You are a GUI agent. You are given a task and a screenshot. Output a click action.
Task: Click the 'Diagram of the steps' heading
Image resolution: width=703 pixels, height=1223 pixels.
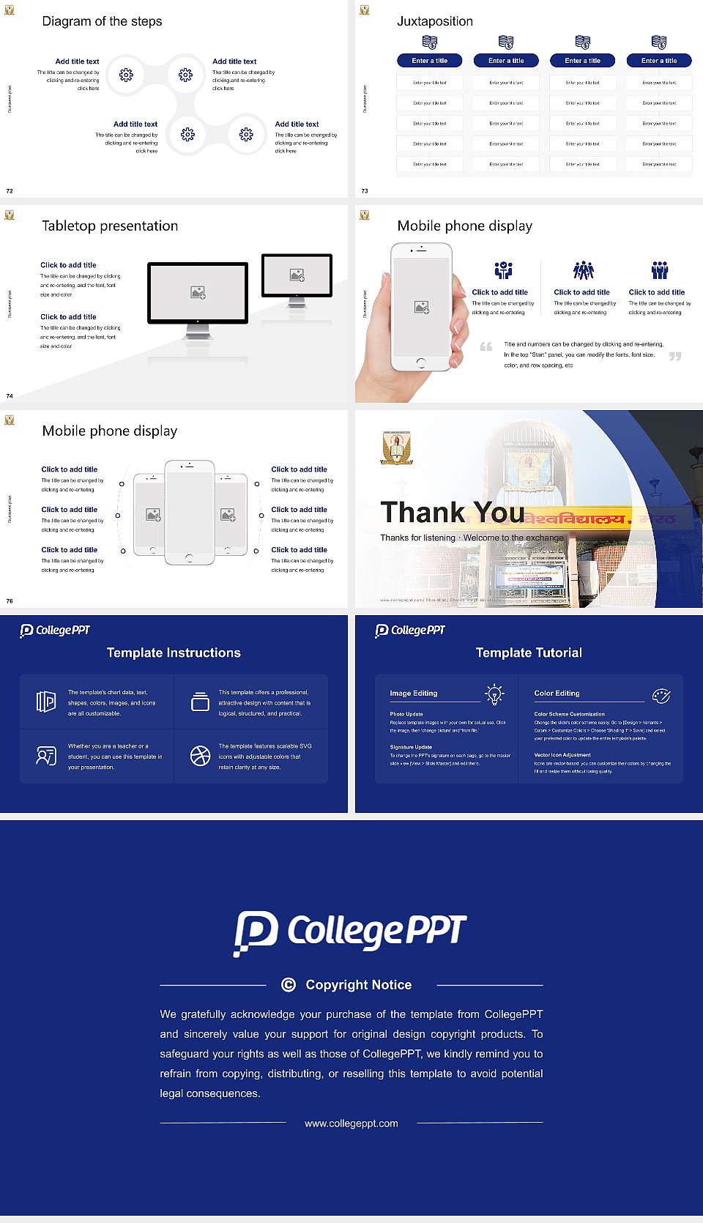point(102,21)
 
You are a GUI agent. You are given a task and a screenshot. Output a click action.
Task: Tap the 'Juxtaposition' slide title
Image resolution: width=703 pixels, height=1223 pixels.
point(434,21)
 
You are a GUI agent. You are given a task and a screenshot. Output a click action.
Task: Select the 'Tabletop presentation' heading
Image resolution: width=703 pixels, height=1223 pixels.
point(110,226)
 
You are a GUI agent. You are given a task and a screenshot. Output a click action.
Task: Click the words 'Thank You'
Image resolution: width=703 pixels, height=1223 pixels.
point(452,512)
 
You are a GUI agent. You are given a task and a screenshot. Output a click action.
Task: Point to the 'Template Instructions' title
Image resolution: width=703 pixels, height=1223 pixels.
point(174,653)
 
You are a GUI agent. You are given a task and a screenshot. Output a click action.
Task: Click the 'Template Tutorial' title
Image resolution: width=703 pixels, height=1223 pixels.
point(529,653)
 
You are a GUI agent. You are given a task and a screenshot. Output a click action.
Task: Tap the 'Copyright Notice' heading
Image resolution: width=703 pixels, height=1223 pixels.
point(358,985)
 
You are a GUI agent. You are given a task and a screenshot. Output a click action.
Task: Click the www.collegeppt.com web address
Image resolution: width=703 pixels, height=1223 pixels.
point(351,1123)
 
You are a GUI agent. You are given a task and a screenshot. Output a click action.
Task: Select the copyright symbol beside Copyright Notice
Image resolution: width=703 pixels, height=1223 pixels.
point(289,985)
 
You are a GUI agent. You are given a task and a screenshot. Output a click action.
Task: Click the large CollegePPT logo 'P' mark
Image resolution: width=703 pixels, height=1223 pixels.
point(256,932)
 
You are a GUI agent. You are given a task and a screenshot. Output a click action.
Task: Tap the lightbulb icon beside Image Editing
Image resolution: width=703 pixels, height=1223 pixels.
point(495,694)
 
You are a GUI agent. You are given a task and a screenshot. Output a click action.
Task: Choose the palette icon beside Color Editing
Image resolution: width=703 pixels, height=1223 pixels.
point(661,696)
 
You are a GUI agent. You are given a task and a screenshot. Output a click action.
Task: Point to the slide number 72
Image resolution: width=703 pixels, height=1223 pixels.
point(10,190)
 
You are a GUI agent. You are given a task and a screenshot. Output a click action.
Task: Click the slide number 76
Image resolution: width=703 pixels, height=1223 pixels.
point(10,601)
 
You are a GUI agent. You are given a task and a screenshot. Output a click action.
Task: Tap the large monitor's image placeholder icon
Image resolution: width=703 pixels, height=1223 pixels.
point(198,292)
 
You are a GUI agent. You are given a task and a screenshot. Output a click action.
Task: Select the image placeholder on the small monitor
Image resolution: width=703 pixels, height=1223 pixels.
point(297,275)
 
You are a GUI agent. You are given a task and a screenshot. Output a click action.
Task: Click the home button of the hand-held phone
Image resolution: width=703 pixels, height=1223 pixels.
point(420,363)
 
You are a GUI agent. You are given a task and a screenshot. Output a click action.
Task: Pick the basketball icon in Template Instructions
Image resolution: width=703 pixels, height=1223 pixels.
point(200,756)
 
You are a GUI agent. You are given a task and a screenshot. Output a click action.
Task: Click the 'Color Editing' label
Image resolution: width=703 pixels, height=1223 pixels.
point(557,693)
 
